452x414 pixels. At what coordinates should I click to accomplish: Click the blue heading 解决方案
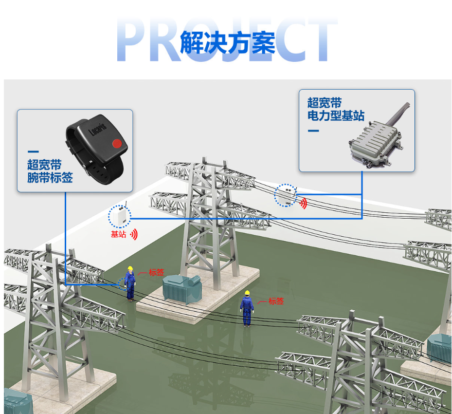click(x=228, y=43)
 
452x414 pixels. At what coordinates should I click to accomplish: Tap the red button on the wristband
click(x=116, y=143)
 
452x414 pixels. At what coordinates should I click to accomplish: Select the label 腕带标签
click(x=50, y=177)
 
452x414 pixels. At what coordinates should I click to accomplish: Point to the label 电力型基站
click(x=336, y=115)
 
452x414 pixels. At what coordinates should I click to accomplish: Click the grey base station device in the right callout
click(x=375, y=143)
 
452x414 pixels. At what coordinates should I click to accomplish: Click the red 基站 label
click(x=119, y=234)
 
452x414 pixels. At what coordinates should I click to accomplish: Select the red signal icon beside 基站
click(x=134, y=235)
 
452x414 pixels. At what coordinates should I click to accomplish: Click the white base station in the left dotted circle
click(x=120, y=216)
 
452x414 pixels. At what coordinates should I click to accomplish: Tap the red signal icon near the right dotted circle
click(x=303, y=204)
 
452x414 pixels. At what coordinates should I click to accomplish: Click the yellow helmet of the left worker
click(x=130, y=268)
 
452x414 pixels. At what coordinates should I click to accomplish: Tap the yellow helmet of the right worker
click(x=247, y=293)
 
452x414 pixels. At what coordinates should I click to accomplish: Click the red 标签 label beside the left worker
click(x=157, y=272)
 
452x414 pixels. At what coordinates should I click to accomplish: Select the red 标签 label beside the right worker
click(x=276, y=301)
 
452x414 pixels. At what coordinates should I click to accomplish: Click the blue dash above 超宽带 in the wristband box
click(x=33, y=152)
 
